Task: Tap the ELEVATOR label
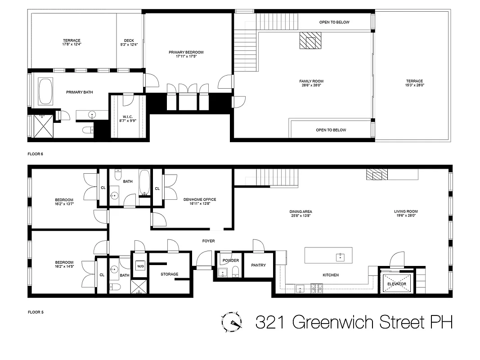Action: (x=396, y=284)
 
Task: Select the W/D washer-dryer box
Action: (x=140, y=265)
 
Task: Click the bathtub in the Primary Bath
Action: (x=45, y=91)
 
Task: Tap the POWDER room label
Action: (x=230, y=261)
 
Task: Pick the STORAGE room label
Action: (x=170, y=274)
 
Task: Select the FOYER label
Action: (x=208, y=241)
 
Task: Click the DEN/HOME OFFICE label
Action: (x=200, y=199)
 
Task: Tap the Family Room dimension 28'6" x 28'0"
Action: (x=311, y=85)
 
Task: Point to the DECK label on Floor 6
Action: (x=129, y=40)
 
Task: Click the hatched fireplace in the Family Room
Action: (x=310, y=40)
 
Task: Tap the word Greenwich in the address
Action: (x=336, y=322)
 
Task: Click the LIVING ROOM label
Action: (x=406, y=211)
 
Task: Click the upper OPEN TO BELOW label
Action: (x=334, y=22)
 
